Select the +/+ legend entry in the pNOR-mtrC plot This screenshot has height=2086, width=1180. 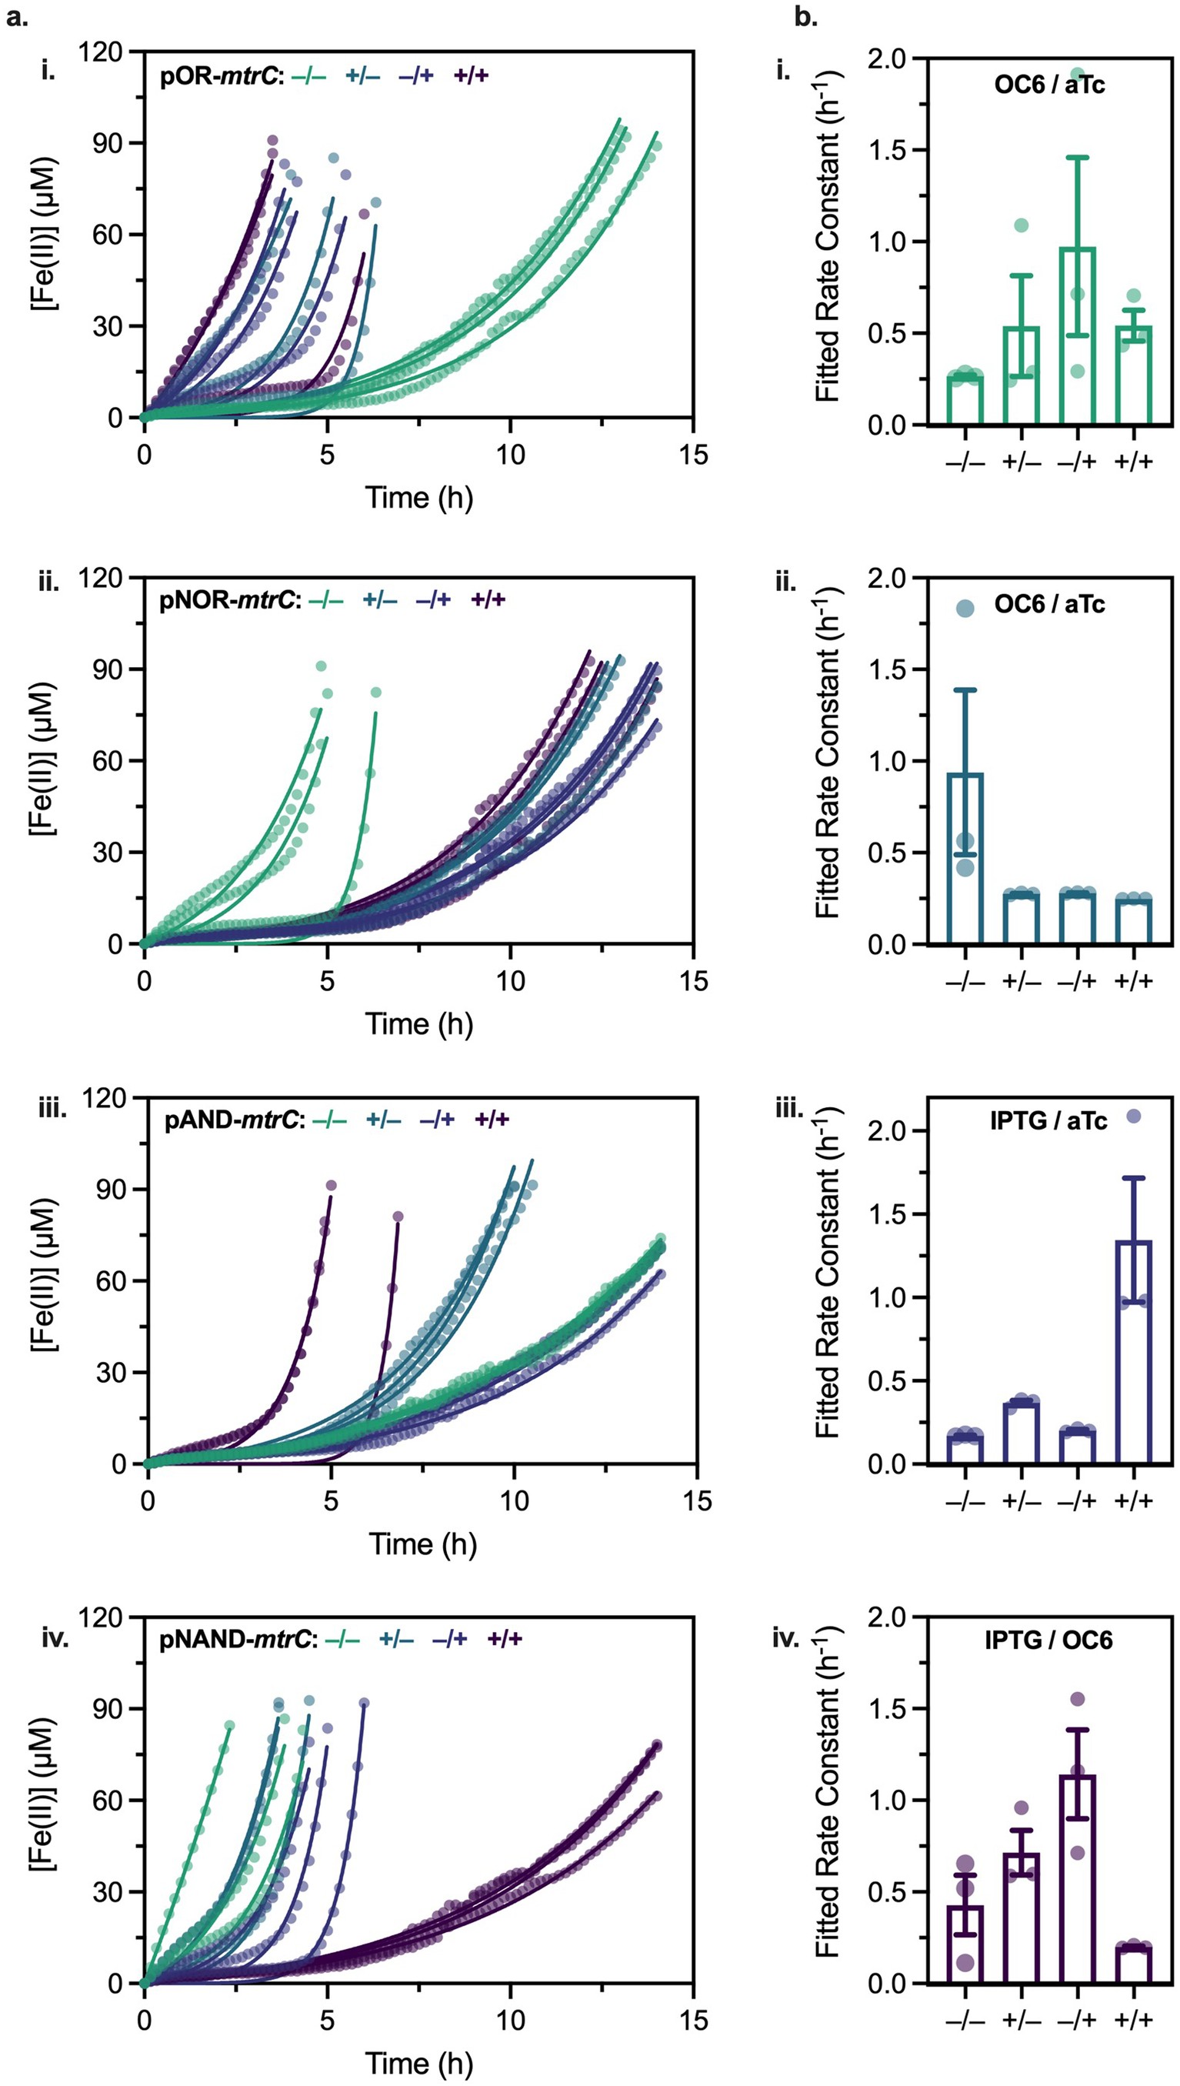point(488,600)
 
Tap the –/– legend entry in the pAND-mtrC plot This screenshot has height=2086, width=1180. point(329,1121)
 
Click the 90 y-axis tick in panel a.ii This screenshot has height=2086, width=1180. point(108,669)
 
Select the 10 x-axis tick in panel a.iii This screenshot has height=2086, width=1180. point(514,1501)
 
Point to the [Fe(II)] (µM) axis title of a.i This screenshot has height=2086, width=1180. point(42,235)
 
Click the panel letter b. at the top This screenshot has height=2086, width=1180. point(805,17)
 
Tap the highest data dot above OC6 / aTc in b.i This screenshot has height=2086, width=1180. point(1077,75)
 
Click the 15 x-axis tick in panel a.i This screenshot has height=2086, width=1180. point(693,456)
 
